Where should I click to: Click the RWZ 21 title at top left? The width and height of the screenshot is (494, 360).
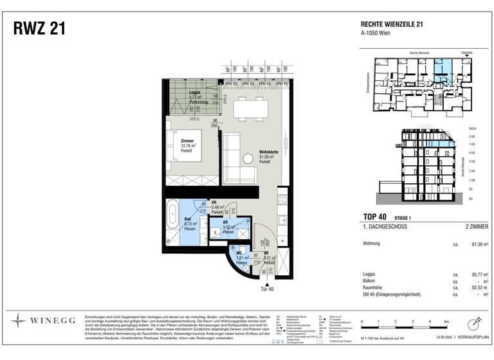[38, 29]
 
